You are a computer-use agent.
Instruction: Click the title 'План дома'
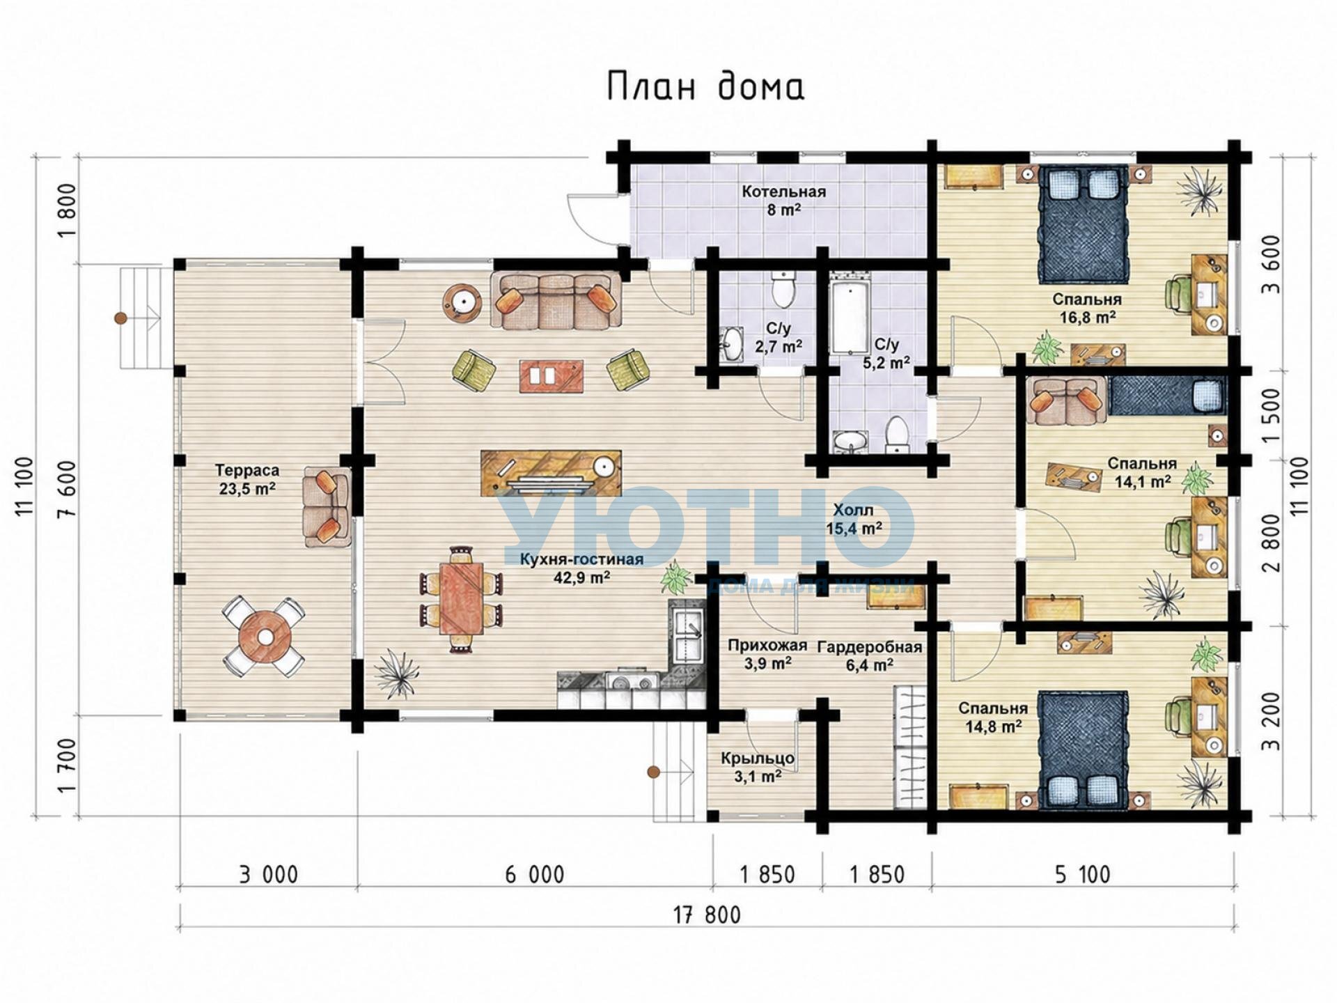click(705, 86)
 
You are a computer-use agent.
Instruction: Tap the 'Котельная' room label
click(783, 192)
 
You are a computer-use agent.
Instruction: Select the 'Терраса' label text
click(247, 471)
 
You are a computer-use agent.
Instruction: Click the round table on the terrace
click(265, 637)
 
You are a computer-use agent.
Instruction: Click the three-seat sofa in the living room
click(556, 300)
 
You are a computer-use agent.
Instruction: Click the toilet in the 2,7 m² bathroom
click(784, 290)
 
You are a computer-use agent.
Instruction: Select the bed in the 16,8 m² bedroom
click(1084, 224)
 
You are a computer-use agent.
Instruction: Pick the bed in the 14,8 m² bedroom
click(1084, 750)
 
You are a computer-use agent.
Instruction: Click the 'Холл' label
click(853, 511)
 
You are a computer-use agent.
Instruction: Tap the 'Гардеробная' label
click(870, 647)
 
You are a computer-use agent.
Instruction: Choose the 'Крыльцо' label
click(758, 758)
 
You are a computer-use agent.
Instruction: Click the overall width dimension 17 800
click(707, 915)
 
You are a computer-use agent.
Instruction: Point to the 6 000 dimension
click(534, 875)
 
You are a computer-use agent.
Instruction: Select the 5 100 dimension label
click(1083, 875)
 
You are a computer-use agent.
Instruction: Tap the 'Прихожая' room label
click(767, 646)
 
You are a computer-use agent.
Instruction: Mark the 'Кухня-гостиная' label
click(581, 559)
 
